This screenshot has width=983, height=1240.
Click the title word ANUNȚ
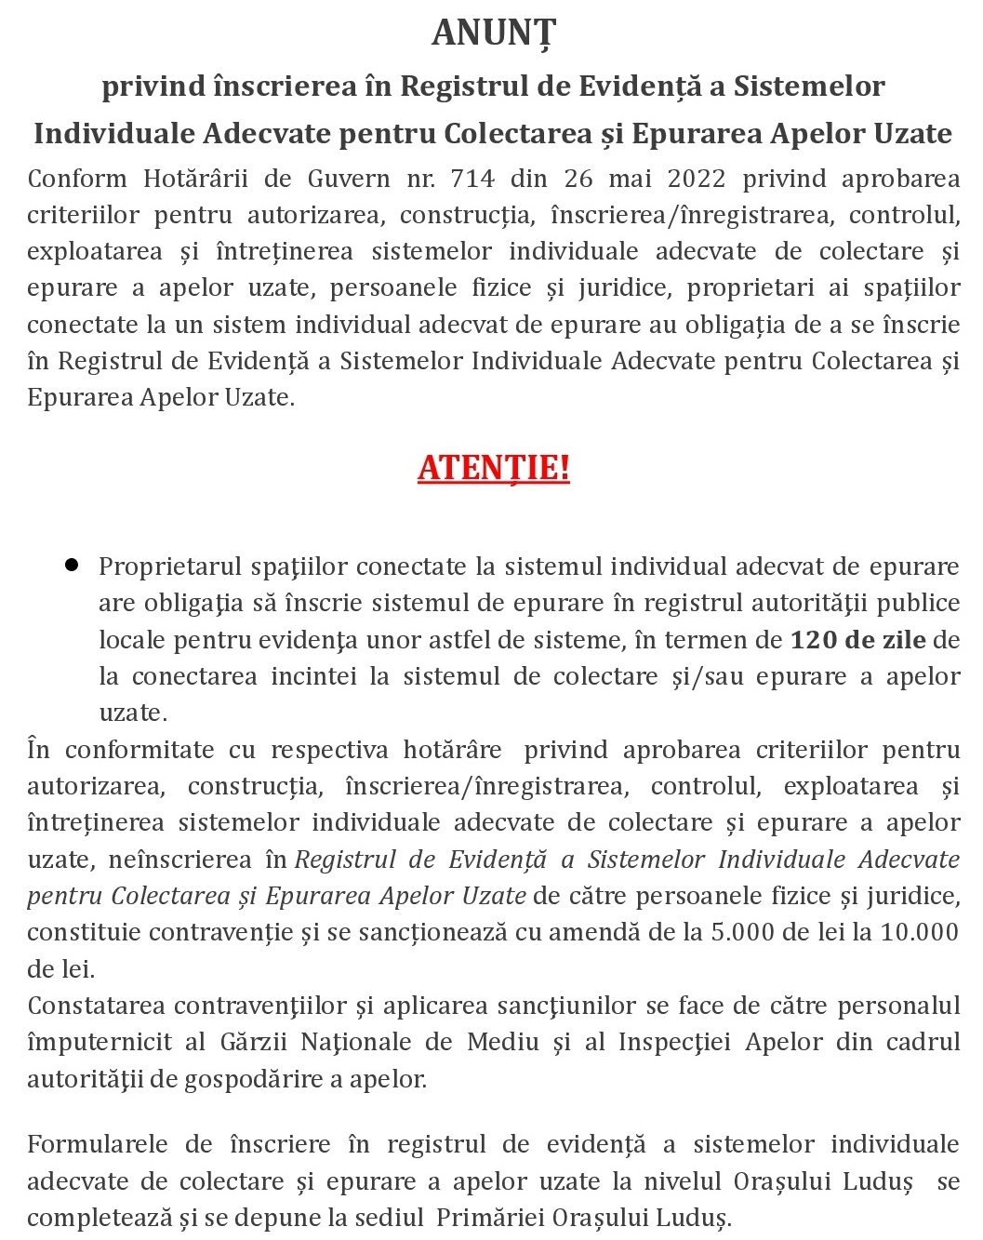pyautogui.click(x=493, y=33)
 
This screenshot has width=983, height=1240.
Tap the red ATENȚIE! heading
pyautogui.click(x=493, y=467)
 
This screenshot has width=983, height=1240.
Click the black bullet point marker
pyautogui.click(x=72, y=565)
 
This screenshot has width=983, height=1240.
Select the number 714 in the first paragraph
pyautogui.click(x=473, y=178)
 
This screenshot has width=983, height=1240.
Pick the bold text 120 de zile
pyautogui.click(x=857, y=640)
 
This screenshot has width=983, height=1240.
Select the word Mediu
pyautogui.click(x=502, y=1042)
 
